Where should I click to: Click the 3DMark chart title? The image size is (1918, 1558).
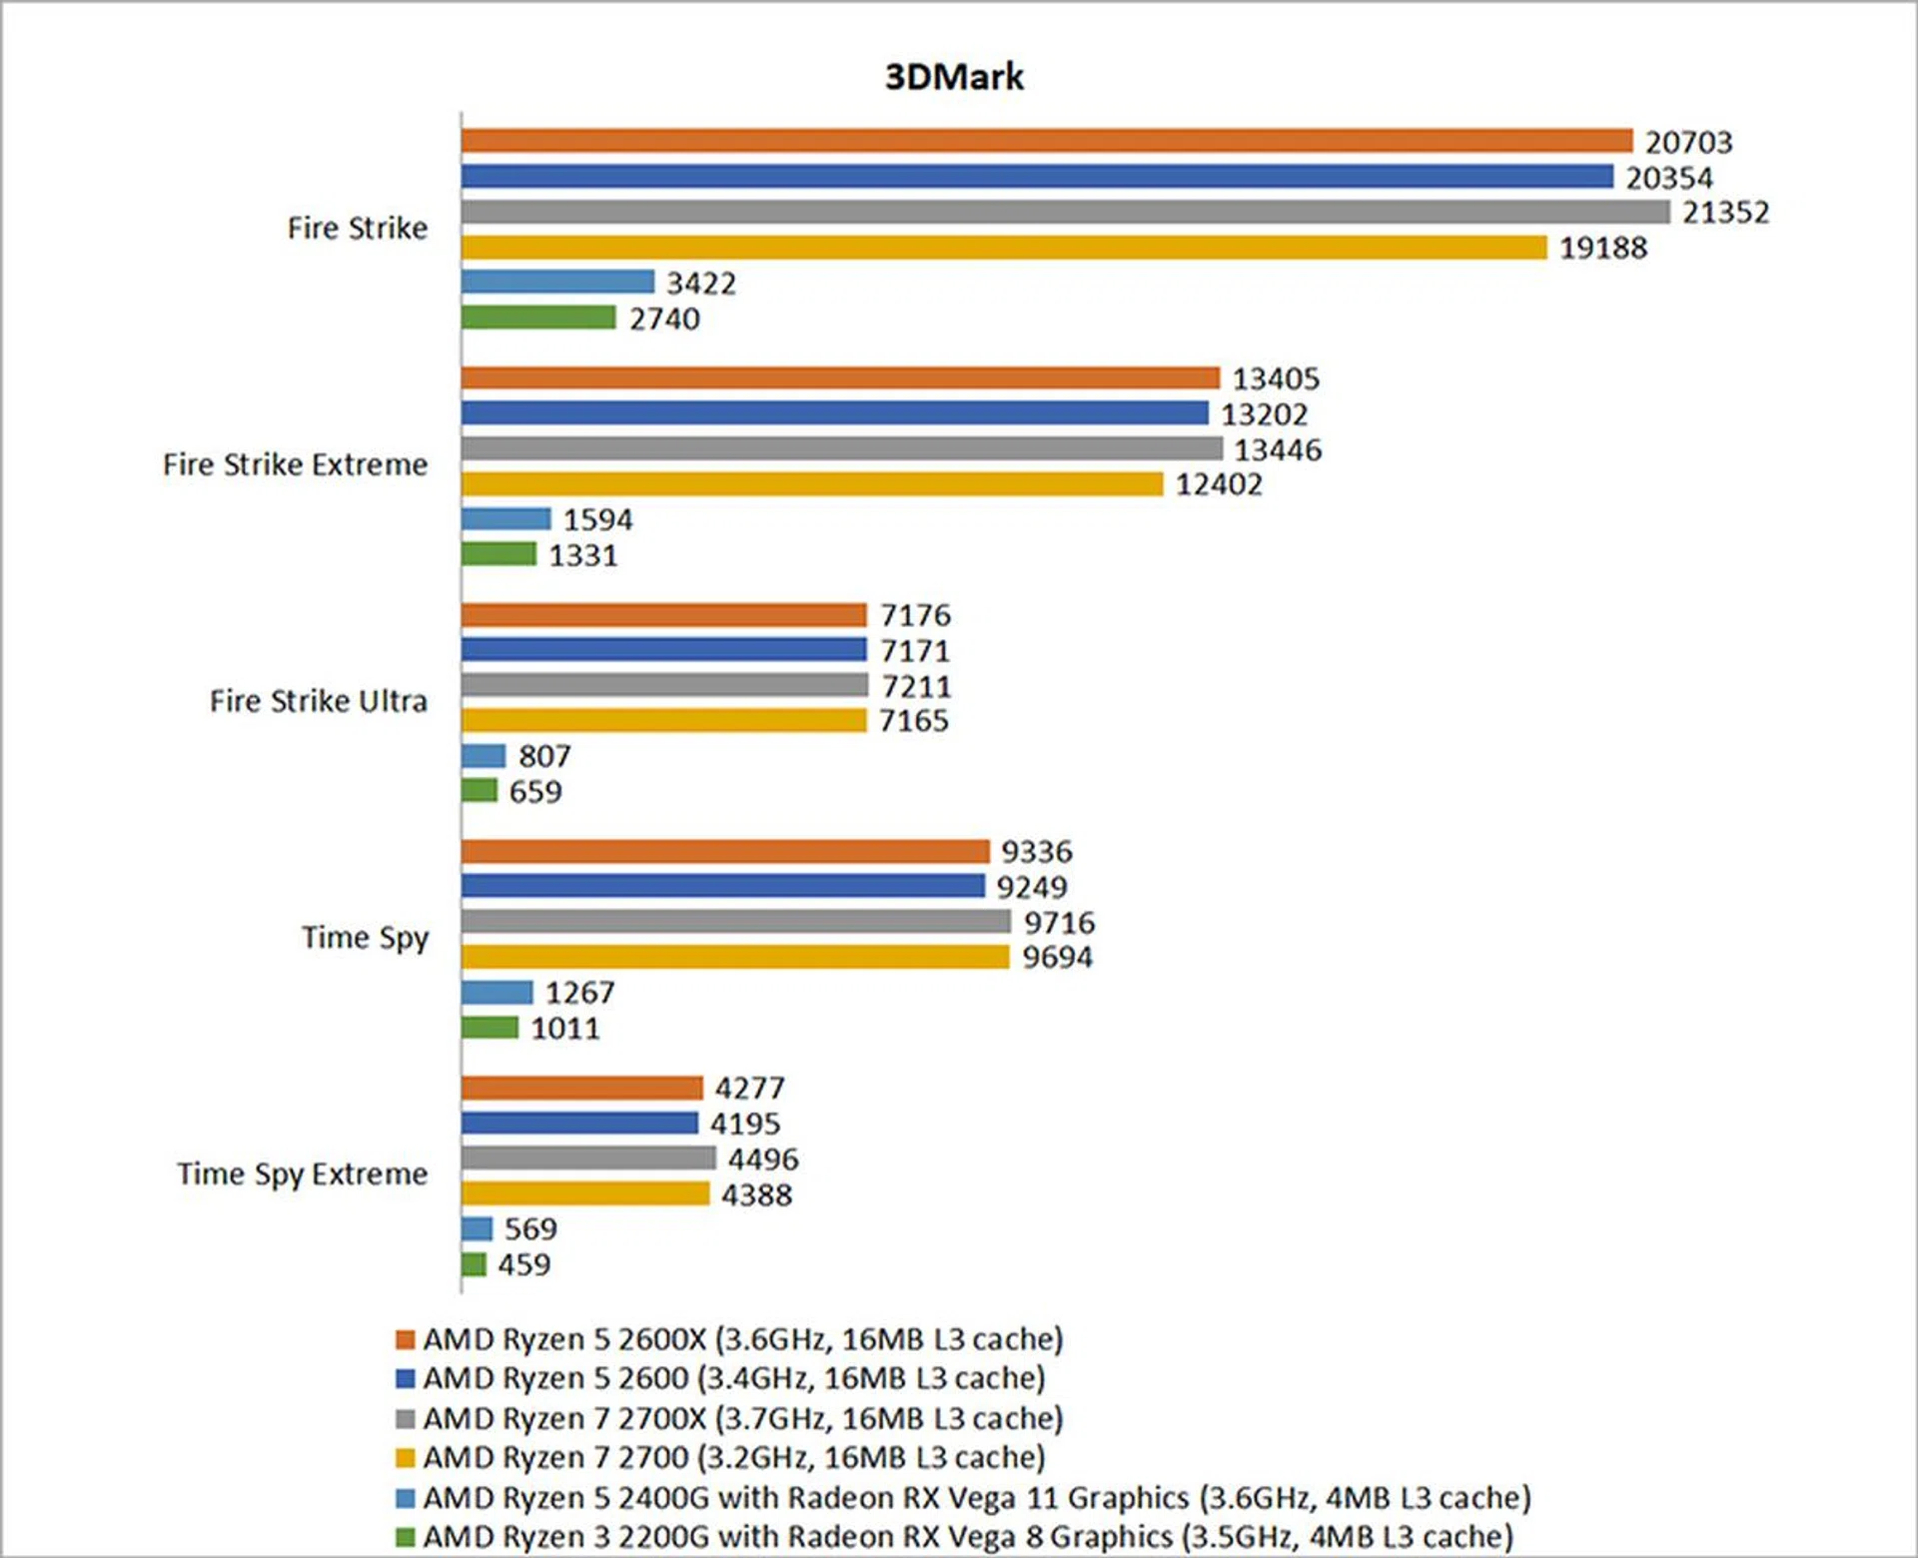pos(954,77)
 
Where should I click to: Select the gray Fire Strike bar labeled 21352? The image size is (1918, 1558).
pos(1065,212)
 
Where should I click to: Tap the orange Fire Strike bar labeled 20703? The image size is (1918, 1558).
pos(1046,141)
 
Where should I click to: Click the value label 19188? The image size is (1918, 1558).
pos(1603,248)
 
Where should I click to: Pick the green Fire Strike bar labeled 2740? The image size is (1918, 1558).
pos(538,318)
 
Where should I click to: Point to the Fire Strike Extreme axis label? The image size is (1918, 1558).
pos(295,464)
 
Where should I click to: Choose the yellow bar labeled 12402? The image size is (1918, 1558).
pos(812,484)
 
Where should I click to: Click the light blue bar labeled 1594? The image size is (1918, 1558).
pos(505,519)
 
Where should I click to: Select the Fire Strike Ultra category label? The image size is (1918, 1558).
pos(318,701)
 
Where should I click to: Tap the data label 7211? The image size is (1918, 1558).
pos(916,686)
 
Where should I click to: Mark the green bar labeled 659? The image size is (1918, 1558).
pos(479,791)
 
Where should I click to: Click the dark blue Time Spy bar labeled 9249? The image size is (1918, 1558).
pos(723,886)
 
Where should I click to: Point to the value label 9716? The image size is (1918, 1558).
pos(1059,922)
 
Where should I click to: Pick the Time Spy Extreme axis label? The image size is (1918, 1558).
pos(302,1173)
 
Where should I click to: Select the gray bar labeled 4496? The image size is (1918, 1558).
pos(588,1159)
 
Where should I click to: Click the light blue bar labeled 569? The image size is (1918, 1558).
pos(478,1228)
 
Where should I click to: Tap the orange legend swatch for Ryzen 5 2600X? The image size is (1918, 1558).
pos(405,1339)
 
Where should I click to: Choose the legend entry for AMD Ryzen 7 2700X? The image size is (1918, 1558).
pos(742,1418)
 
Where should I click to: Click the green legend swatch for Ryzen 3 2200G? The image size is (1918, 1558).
pos(405,1537)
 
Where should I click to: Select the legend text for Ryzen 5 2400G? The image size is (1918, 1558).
pos(976,1498)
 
